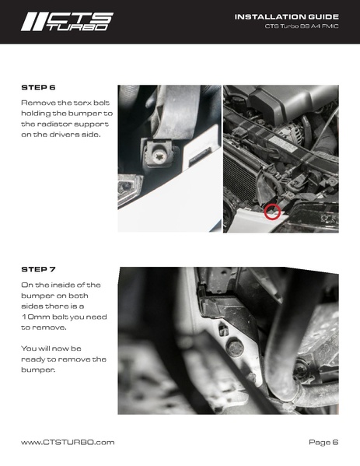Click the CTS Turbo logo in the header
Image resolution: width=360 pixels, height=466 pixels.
(67, 22)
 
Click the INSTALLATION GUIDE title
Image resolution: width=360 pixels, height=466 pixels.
(287, 17)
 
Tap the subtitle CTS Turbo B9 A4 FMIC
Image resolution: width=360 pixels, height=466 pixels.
(302, 26)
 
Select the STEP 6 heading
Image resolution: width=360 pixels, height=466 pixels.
(38, 88)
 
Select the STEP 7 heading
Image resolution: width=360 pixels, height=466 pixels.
(38, 269)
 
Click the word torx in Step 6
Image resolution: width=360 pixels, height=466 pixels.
(82, 103)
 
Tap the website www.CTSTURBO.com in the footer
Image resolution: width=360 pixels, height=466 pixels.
(68, 442)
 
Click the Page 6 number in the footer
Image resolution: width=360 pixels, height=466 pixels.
(323, 442)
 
